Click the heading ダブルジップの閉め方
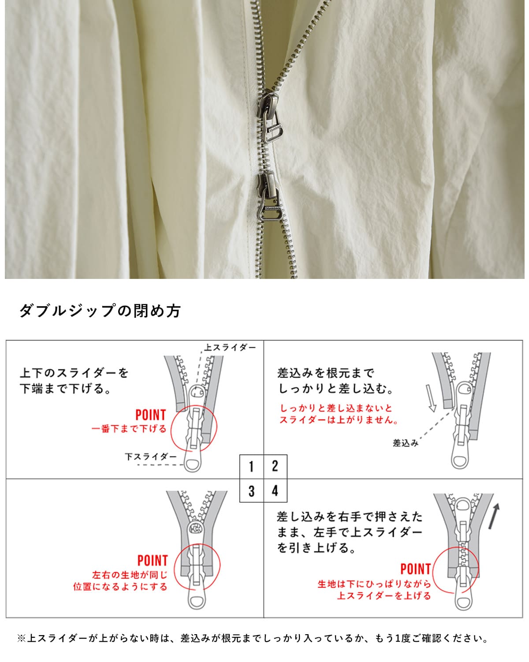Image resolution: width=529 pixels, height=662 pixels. tap(100, 311)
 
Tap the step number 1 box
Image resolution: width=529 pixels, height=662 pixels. tap(251, 466)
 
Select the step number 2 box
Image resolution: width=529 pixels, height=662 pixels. tap(275, 466)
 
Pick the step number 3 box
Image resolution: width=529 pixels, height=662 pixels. tap(251, 491)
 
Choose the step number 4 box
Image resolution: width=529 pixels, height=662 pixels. tap(275, 491)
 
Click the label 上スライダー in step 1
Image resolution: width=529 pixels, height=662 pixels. tap(230, 348)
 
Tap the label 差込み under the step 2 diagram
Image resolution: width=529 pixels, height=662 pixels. tap(405, 443)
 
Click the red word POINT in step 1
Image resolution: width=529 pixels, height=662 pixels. tap(150, 415)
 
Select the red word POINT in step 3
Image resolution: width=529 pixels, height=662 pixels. tap(153, 560)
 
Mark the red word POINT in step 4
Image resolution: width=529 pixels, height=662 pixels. tap(415, 569)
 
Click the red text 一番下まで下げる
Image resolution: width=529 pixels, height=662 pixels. tap(129, 429)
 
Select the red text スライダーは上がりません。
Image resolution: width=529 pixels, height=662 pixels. tap(339, 420)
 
